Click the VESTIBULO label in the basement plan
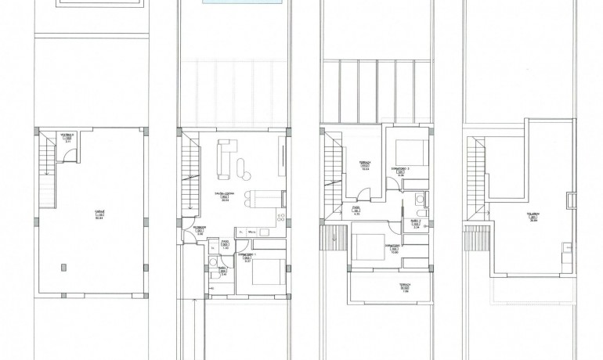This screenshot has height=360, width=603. tap(67, 135)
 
